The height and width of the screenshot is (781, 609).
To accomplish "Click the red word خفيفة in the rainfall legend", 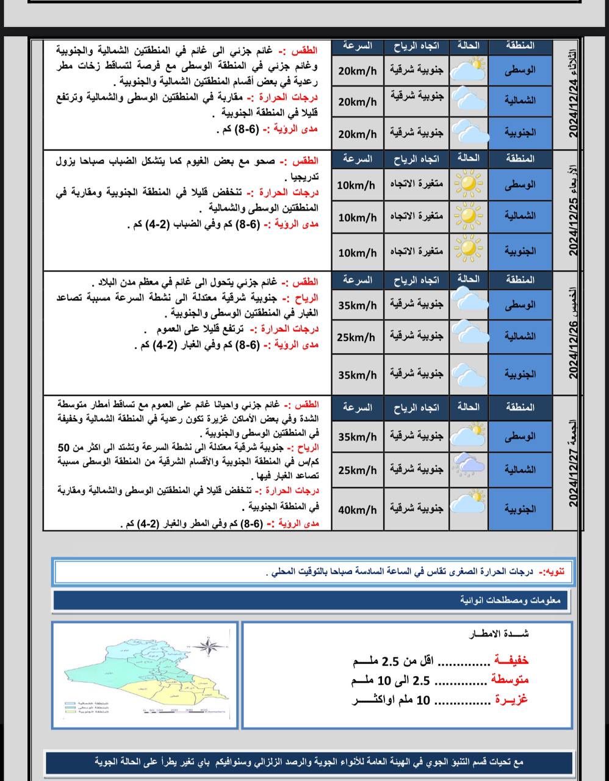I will tap(511, 660).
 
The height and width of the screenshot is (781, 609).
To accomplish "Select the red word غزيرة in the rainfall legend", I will tap(511, 700).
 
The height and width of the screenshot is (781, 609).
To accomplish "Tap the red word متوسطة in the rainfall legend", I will tap(510, 680).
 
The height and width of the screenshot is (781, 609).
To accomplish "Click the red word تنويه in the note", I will tap(553, 572).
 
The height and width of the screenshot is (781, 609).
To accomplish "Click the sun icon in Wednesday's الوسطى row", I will tap(468, 184).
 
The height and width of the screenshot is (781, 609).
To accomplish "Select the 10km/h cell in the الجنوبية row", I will tap(358, 253).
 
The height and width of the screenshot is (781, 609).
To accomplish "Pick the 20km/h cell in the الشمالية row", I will tap(358, 101).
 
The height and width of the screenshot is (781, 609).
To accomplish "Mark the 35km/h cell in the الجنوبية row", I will tap(358, 375).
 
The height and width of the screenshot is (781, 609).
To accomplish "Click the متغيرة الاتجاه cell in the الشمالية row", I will tap(417, 216).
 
